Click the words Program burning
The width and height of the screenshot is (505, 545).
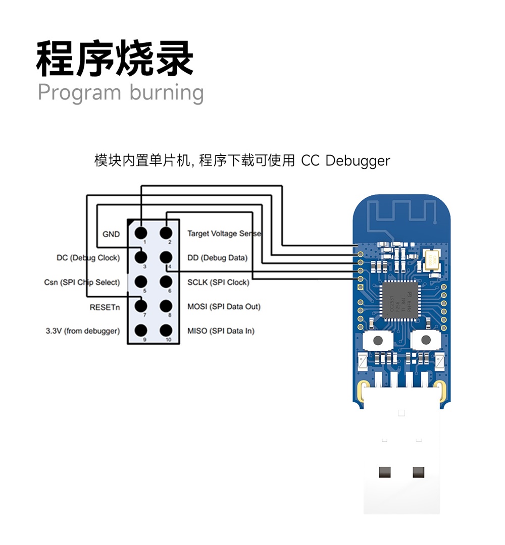121,93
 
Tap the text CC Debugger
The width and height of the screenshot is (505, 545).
345,161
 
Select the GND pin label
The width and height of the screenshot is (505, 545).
111,234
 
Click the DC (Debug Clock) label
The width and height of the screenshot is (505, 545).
88,258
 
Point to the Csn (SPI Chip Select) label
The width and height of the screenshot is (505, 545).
82,282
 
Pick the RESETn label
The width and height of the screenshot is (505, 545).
105,306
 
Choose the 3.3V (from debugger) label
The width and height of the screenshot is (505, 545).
83,331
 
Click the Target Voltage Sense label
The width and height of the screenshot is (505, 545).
224,234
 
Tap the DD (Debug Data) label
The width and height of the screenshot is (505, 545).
218,258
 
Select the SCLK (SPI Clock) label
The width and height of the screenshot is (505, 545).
218,282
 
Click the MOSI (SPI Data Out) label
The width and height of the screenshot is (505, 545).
224,306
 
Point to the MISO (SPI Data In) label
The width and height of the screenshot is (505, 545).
221,331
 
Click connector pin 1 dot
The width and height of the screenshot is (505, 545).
141,233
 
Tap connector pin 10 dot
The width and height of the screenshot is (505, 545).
166,331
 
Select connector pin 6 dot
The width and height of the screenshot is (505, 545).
166,281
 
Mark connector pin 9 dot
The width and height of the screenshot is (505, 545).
141,331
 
